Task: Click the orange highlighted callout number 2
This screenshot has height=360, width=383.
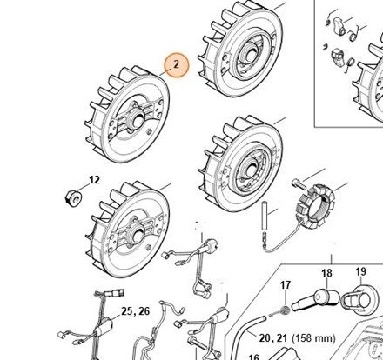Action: tap(177, 65)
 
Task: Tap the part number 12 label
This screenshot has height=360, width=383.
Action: tap(94, 180)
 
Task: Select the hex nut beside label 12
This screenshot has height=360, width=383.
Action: tap(73, 198)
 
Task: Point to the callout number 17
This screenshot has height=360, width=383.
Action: tap(286, 285)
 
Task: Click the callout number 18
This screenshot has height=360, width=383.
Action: tap(327, 273)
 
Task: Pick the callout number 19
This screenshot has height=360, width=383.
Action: tap(360, 271)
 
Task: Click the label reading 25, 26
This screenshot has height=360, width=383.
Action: tap(136, 311)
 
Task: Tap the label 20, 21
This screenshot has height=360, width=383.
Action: tap(273, 338)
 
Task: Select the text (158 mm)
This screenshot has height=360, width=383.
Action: tap(313, 338)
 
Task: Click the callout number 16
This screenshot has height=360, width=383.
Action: tap(254, 357)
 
